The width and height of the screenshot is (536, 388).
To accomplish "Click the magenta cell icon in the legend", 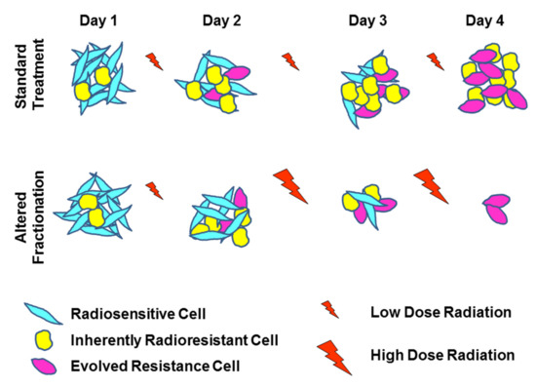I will click(x=45, y=366).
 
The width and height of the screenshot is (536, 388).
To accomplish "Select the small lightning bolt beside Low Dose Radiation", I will click(x=330, y=310).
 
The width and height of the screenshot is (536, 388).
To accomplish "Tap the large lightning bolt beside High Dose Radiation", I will click(x=333, y=357).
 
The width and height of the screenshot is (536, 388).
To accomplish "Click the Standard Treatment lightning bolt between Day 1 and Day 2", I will click(x=154, y=62).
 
